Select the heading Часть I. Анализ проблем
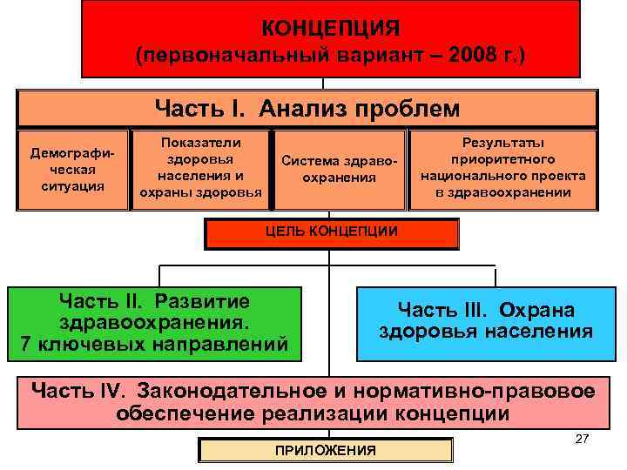(307, 109)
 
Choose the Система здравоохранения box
(340, 171)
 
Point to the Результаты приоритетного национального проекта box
(503, 171)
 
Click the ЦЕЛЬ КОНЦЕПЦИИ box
(331, 232)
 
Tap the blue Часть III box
(485, 320)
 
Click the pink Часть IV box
(313, 401)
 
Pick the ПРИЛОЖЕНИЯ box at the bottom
(326, 450)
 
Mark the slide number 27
(583, 439)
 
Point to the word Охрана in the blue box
(543, 310)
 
